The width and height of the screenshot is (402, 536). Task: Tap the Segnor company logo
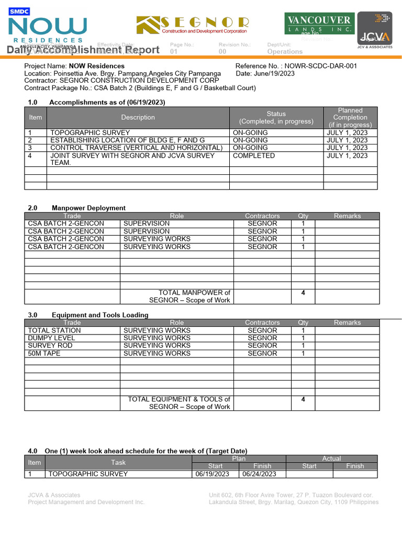click(192, 25)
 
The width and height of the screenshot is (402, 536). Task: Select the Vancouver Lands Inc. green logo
click(319, 24)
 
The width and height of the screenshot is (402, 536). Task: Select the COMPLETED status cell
click(253, 155)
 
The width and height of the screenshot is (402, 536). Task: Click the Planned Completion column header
click(350, 117)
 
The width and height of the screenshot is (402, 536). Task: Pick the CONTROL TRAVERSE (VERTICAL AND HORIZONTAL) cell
click(132, 148)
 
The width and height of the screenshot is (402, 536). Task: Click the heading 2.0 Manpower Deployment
click(76, 208)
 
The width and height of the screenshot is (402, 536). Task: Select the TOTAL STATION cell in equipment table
click(54, 330)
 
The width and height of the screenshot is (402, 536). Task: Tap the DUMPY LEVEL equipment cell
click(51, 338)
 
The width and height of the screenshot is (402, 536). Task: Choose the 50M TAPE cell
click(44, 353)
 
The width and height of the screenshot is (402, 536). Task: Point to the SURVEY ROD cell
click(50, 345)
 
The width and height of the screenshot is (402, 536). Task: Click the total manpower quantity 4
click(303, 293)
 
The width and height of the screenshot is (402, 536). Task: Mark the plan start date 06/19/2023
click(212, 474)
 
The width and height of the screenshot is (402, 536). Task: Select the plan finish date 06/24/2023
click(259, 474)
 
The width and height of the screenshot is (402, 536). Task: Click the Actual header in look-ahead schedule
click(331, 459)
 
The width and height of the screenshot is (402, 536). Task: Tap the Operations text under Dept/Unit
click(285, 51)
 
